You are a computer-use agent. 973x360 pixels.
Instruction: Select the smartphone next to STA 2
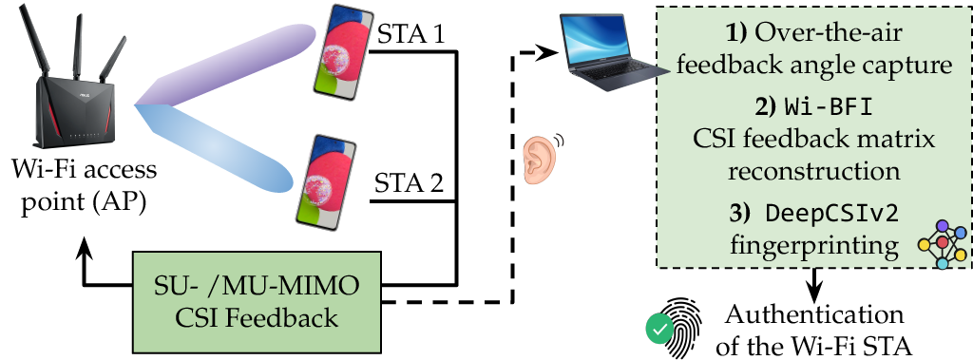(x=328, y=180)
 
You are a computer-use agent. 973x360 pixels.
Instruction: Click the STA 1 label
(x=410, y=35)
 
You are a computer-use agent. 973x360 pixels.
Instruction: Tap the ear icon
(x=542, y=159)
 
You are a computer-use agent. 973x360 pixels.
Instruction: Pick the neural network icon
(x=942, y=244)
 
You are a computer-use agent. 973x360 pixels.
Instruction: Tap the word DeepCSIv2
(x=831, y=214)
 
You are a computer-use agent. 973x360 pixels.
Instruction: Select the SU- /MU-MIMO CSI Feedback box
(x=257, y=302)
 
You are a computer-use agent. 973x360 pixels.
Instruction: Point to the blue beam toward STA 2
(x=214, y=148)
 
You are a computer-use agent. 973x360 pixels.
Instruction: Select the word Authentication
(x=814, y=314)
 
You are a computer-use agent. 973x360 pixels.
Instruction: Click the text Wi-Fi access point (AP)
(x=85, y=187)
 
